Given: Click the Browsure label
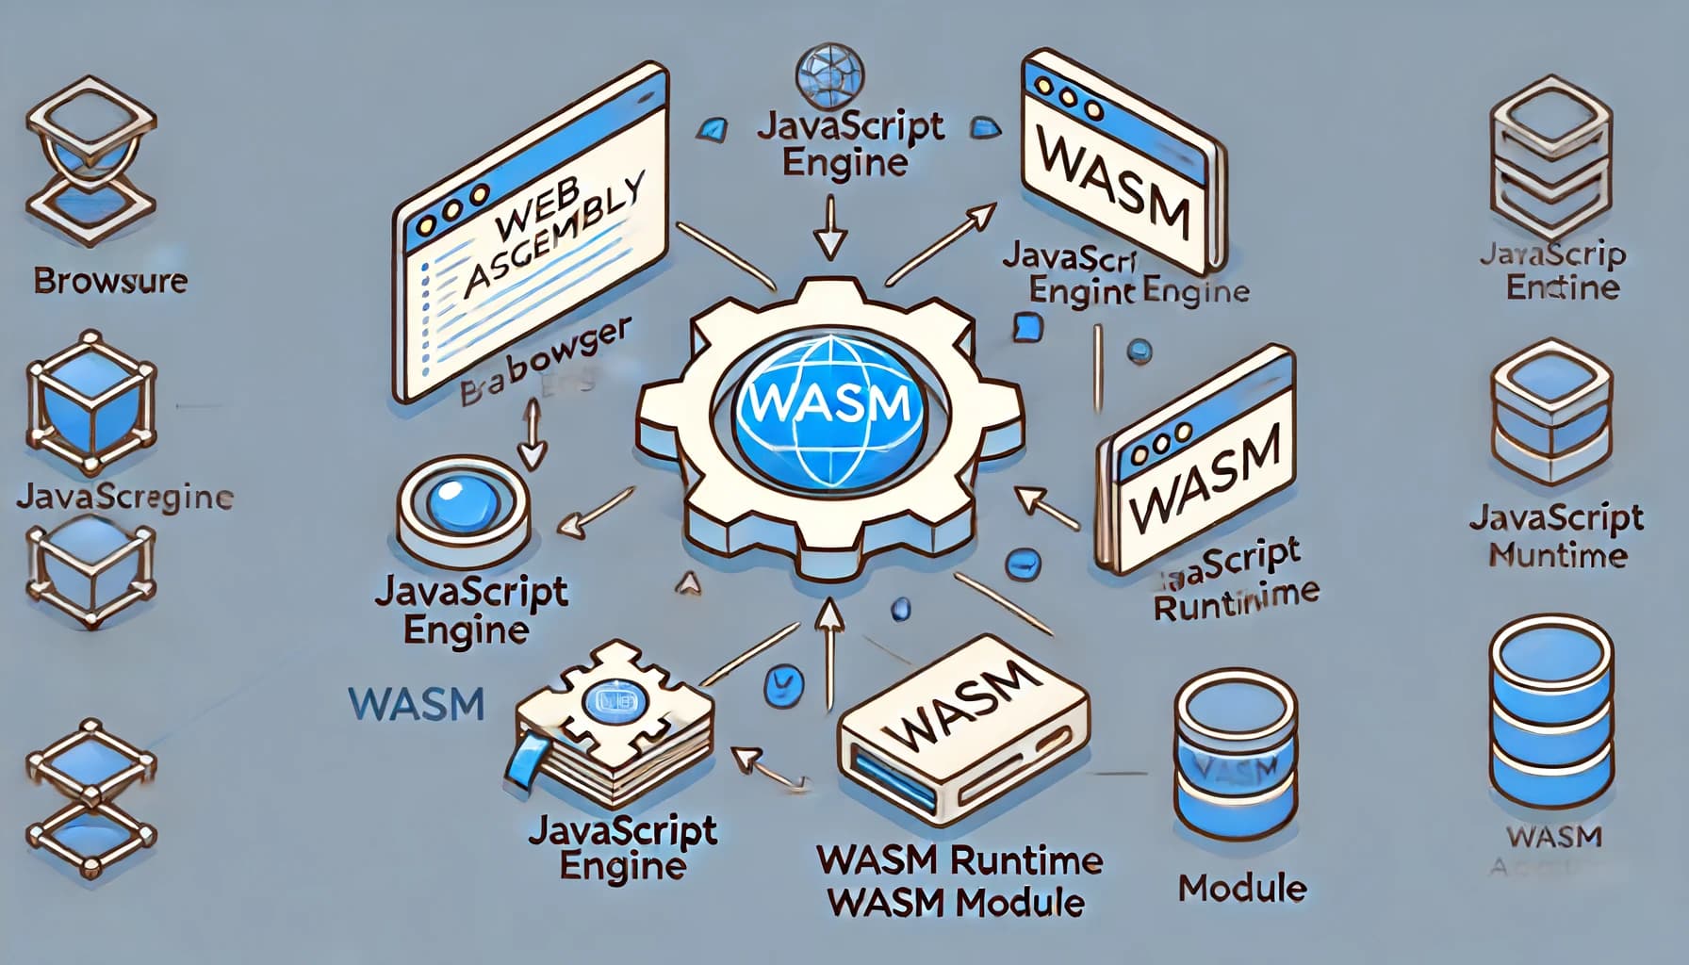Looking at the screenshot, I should pyautogui.click(x=110, y=280).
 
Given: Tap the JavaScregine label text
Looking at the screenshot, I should pyautogui.click(x=124, y=497).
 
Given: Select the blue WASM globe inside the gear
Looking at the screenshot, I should pyautogui.click(x=826, y=403).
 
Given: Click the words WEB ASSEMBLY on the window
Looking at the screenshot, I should pyautogui.click(x=556, y=236).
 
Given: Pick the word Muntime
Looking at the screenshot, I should pyautogui.click(x=1557, y=555).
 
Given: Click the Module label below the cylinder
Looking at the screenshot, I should pyautogui.click(x=1242, y=887).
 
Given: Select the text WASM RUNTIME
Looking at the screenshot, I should pyautogui.click(x=959, y=860).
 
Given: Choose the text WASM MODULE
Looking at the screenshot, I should pyautogui.click(x=955, y=903).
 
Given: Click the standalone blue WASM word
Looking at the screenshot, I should pyautogui.click(x=416, y=704).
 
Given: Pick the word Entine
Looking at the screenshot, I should pyautogui.click(x=1562, y=286).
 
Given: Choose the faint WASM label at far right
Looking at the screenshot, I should pyautogui.click(x=1554, y=836).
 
